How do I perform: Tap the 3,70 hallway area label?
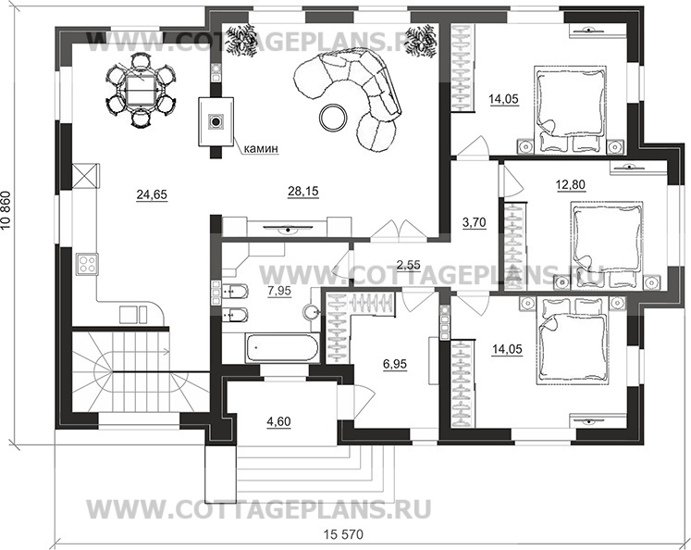(x=474, y=223)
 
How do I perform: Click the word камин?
(x=262, y=147)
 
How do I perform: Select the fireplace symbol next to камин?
(x=216, y=121)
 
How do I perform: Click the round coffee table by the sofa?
(x=331, y=116)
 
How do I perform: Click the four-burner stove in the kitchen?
(x=87, y=265)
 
